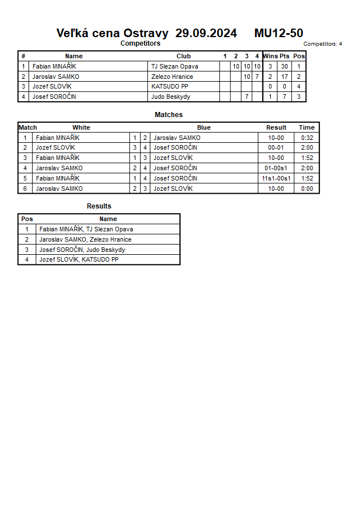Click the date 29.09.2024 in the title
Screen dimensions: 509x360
[x=206, y=33]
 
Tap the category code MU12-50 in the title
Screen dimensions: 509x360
[x=278, y=33]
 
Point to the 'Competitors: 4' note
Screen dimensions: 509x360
[x=323, y=44]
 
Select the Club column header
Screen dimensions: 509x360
[x=183, y=56]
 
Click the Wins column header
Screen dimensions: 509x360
[x=270, y=56]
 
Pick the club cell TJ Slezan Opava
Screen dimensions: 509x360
[x=175, y=66]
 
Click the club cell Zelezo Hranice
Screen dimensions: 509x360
[x=172, y=77]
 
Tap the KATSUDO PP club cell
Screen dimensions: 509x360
[x=170, y=86]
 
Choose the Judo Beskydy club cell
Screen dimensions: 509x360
[x=171, y=97]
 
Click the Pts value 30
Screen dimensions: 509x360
[x=285, y=66]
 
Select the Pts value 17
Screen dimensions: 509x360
[x=285, y=77]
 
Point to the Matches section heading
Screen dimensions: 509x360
[x=169, y=115]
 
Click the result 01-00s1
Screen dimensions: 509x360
[x=276, y=168]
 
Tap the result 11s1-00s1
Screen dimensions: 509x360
[x=276, y=178]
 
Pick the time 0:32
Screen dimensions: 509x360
[x=307, y=138]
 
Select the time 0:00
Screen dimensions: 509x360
[x=307, y=189]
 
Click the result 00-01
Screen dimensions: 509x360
[x=276, y=147]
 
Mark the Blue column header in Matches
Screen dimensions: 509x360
[x=204, y=127]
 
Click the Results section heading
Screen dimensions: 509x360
[x=99, y=206]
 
